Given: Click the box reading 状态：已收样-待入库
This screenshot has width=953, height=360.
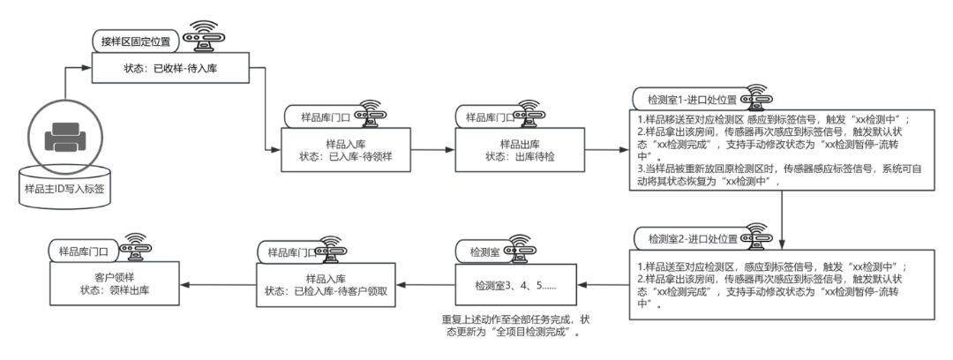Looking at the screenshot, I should [x=167, y=67].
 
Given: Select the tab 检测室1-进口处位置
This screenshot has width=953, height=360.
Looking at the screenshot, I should [x=686, y=98].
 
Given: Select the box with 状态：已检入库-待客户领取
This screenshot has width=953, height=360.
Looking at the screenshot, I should [x=328, y=285].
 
